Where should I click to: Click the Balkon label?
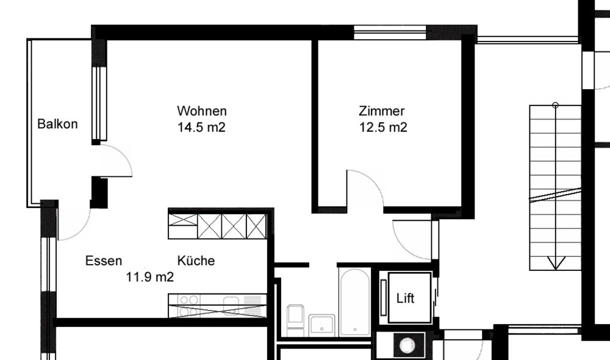pos(57,124)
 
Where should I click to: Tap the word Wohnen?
pos(202,111)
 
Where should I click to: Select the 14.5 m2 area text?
pos(201,128)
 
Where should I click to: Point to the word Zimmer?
pos(382,111)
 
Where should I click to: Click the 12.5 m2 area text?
pos(383,128)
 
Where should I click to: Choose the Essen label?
pos(104,261)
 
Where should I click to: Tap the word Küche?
pos(196,261)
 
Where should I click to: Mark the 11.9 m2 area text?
pos(150,277)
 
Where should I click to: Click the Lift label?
pos(406,298)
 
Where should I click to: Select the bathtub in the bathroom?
pos(354,301)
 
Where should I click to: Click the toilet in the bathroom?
pos(295,320)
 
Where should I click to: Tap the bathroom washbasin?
pos(321,325)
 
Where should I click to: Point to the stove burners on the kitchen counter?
pos(189,306)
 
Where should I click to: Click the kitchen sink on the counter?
pos(231,304)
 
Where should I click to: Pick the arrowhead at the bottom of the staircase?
pos(556,263)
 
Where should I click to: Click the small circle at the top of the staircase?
pos(556,105)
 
